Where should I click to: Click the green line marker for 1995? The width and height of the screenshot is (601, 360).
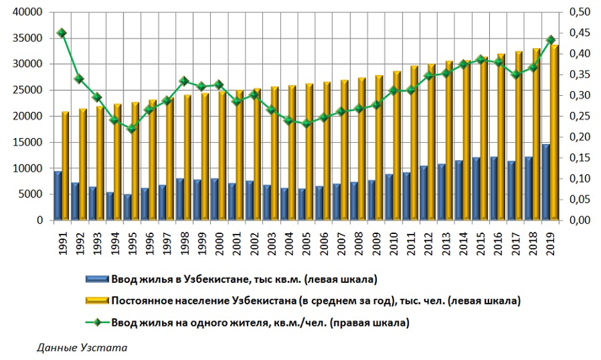click(132, 129)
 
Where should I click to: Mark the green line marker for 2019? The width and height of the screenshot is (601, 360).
click(551, 40)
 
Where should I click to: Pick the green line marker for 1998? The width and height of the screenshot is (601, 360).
click(184, 81)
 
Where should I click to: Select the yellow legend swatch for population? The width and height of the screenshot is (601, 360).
click(96, 301)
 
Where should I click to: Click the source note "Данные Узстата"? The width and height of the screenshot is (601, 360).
click(82, 348)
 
